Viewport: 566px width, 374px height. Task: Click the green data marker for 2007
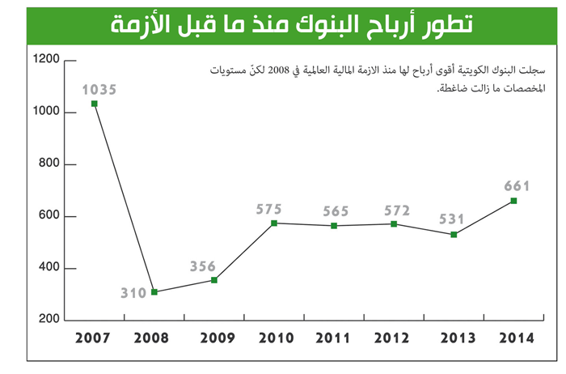click(95, 104)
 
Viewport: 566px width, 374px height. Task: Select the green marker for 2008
click(154, 292)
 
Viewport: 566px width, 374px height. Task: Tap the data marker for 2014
click(513, 201)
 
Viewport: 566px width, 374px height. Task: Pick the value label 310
click(134, 292)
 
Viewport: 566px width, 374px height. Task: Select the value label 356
click(203, 266)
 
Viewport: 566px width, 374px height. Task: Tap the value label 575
click(269, 209)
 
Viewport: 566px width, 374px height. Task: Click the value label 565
click(335, 210)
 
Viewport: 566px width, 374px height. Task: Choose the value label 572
click(395, 209)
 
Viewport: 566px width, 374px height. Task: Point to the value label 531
click(454, 219)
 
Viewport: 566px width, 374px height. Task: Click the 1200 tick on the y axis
click(47, 59)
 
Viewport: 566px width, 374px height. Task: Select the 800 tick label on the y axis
click(50, 164)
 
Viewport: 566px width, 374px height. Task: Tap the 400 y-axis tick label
click(50, 268)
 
